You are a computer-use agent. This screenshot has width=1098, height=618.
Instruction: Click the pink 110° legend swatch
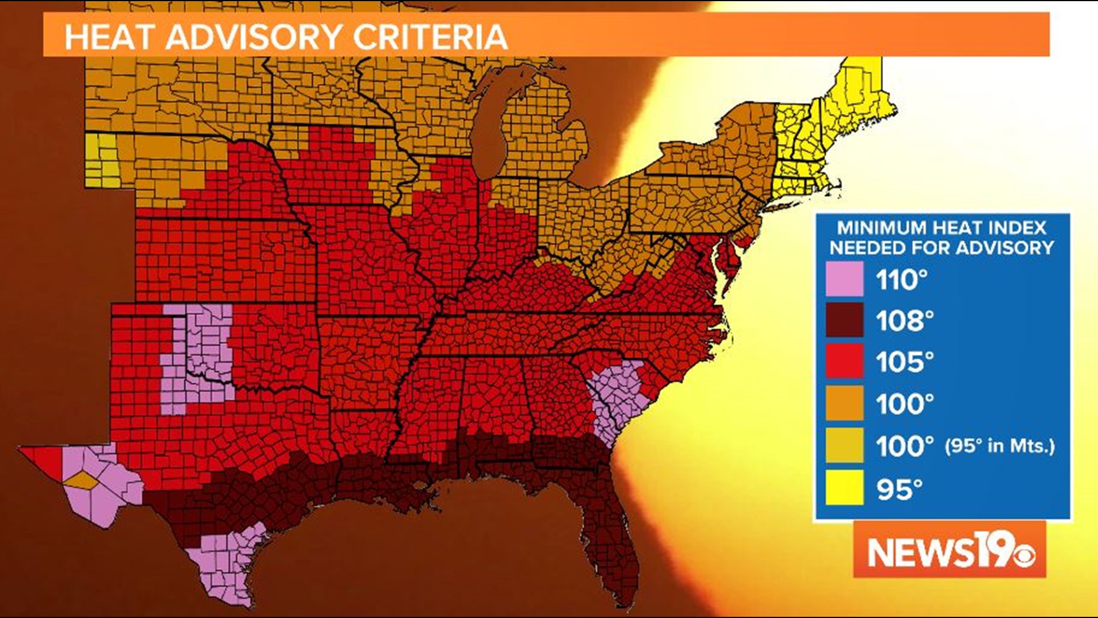[x=844, y=279]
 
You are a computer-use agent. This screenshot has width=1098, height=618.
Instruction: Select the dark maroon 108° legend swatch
[x=844, y=320]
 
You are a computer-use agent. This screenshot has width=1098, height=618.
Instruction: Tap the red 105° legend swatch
[x=844, y=362]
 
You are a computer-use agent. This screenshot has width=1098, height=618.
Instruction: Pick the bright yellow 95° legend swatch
[x=844, y=488]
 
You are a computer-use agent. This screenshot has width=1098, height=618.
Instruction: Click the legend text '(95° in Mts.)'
[x=999, y=446]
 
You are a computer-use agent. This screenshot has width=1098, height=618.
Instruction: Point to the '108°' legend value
[x=905, y=320]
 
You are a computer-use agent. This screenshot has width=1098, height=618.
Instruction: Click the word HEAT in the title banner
[x=109, y=37]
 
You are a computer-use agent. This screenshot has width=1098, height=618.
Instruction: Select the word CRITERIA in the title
[x=430, y=37]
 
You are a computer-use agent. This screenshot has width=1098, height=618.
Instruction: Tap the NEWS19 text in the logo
[x=938, y=552]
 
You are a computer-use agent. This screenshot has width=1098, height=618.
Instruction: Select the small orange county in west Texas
[x=81, y=481]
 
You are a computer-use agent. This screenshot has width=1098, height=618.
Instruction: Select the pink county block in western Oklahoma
[x=197, y=355]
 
